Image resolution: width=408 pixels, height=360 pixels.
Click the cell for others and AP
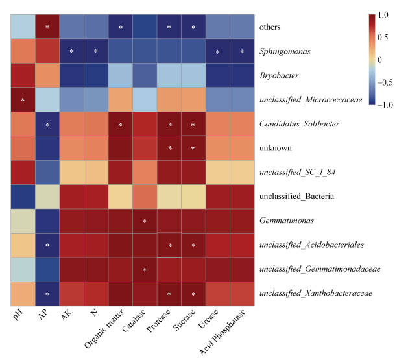pyautogui.click(x=47, y=27)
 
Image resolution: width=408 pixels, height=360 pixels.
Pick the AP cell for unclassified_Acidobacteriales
pyautogui.click(x=47, y=245)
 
